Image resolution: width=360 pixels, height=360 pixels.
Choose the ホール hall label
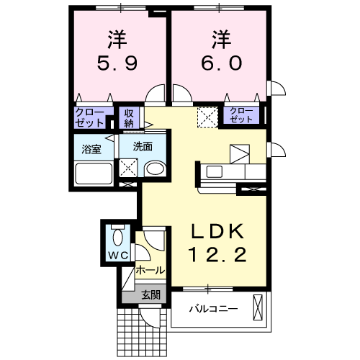(150, 271)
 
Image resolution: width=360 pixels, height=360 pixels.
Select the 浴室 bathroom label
(91, 150)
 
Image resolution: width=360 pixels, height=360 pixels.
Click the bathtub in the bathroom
(94, 174)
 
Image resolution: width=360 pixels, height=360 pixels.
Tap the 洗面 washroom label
(143, 146)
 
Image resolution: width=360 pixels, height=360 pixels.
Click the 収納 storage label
(129, 117)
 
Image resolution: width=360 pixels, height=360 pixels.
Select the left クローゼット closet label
(90, 117)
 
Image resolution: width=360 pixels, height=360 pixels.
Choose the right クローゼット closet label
(243, 114)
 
